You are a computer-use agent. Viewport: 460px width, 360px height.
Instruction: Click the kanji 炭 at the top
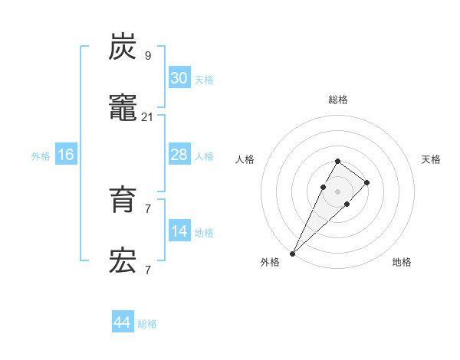[x=123, y=47]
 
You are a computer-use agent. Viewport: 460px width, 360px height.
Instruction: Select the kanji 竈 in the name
[x=123, y=108]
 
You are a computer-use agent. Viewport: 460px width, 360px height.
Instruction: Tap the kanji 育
[x=123, y=201]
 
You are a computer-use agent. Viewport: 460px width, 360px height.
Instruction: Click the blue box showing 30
[x=179, y=78]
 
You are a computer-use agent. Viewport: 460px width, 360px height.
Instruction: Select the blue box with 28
[x=179, y=155]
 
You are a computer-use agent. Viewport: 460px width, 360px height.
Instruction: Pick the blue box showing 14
[x=179, y=231]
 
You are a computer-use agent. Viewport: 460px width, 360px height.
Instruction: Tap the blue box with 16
[x=66, y=155]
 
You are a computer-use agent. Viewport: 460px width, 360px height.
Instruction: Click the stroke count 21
[x=148, y=116]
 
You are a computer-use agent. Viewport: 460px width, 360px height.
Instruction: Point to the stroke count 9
[x=148, y=55]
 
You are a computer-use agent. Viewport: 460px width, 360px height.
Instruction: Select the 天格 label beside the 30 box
[x=204, y=80]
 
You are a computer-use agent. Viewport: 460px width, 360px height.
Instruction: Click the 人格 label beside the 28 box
[x=204, y=156]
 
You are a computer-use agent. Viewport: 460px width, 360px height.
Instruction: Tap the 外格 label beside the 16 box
[x=41, y=156]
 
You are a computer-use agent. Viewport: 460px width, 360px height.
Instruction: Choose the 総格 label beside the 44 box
[x=147, y=324]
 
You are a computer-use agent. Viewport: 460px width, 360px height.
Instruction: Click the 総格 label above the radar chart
[x=337, y=100]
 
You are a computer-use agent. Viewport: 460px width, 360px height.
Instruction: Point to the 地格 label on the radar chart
[x=402, y=262]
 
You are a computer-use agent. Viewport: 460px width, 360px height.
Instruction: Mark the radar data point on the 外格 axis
[x=292, y=253]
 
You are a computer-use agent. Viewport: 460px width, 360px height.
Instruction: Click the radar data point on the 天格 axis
[x=367, y=182]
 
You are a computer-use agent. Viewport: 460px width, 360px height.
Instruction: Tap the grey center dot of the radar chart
[x=337, y=191]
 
